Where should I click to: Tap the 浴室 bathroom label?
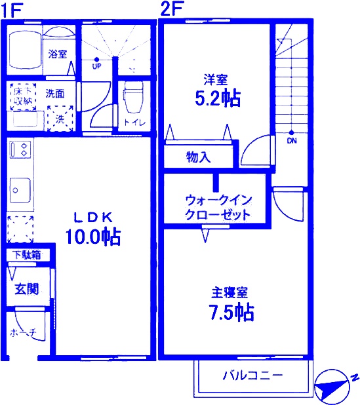pyautogui.click(x=57, y=54)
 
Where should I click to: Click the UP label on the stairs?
pyautogui.click(x=96, y=66)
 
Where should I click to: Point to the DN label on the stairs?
pyautogui.click(x=290, y=140)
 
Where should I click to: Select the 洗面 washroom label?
pyautogui.click(x=54, y=94)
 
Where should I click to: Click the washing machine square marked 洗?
pyautogui.click(x=60, y=119)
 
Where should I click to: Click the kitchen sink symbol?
pyautogui.click(x=18, y=190)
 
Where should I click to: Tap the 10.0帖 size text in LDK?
pyautogui.click(x=92, y=237)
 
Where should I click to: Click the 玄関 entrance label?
pyautogui.click(x=27, y=288)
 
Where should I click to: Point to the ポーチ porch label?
pyautogui.click(x=27, y=333)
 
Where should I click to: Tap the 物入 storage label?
pyautogui.click(x=198, y=157)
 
